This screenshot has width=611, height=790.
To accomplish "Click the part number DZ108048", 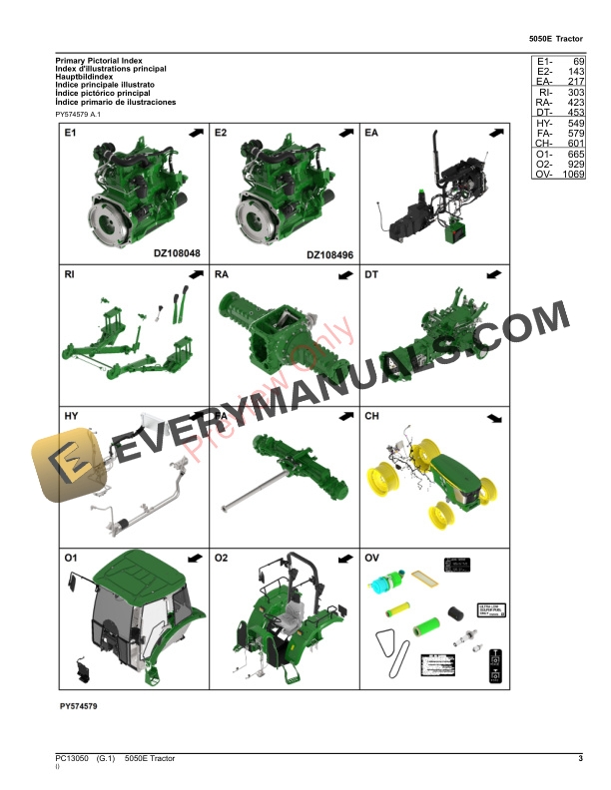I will [x=177, y=254].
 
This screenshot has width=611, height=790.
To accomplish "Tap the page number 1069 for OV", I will [x=572, y=175].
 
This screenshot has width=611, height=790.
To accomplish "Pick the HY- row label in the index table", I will [x=544, y=124].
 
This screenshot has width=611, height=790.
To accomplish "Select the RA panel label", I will [x=222, y=273].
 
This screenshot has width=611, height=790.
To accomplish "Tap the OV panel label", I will [x=372, y=558].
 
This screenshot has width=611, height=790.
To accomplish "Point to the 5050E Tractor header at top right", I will [x=555, y=39].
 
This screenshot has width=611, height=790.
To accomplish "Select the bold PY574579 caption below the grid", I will [x=78, y=706].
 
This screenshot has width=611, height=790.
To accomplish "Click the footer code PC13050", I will [x=72, y=760].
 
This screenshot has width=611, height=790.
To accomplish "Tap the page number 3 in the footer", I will [x=579, y=760].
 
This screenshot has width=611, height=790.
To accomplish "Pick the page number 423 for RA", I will [x=574, y=103].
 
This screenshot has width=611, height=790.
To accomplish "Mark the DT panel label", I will [x=371, y=273].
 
